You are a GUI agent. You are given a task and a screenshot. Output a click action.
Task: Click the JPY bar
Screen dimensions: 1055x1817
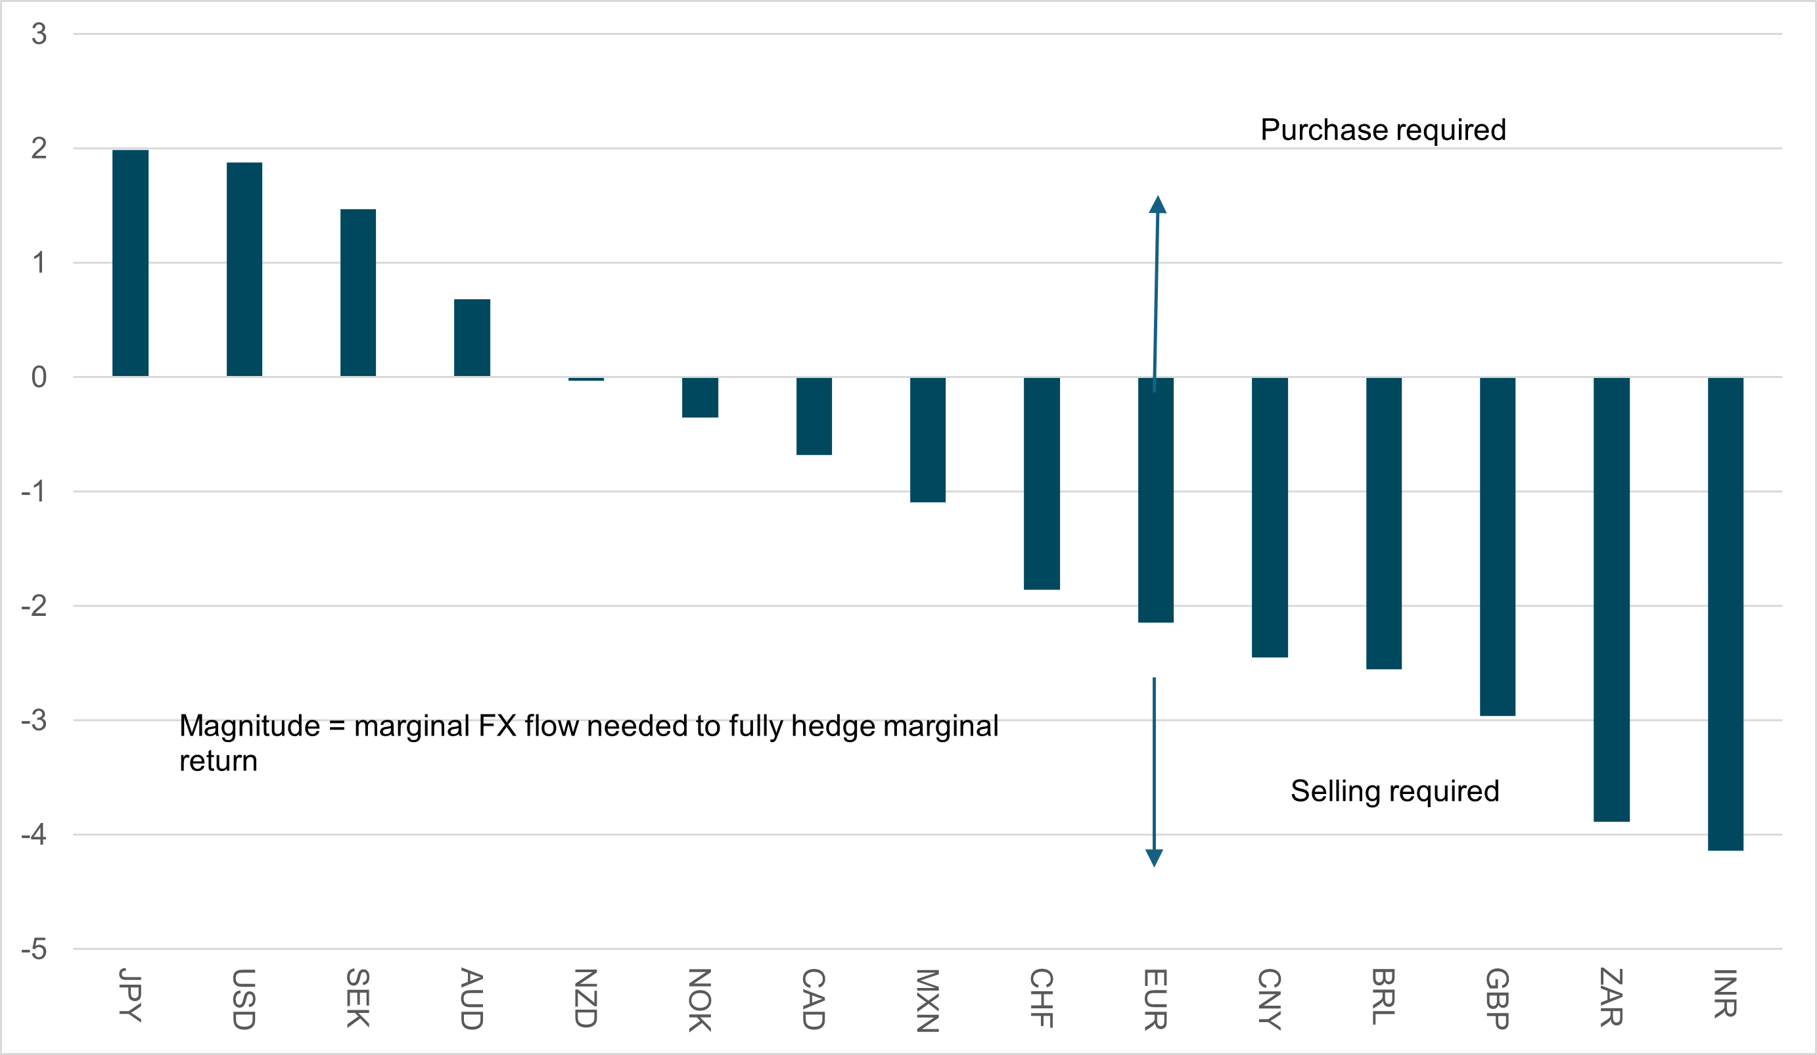coord(131,263)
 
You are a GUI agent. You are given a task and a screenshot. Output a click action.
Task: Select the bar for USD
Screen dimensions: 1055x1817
coord(244,269)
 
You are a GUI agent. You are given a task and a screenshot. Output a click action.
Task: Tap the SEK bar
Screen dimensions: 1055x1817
coord(358,293)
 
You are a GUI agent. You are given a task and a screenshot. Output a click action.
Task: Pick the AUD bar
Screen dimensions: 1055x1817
coord(472,337)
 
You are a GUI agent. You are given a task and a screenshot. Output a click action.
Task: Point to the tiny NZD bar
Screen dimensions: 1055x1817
coord(586,379)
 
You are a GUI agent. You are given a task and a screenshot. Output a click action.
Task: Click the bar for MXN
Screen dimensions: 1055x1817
coord(928,440)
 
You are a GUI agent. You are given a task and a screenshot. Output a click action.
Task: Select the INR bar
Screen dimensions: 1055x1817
coord(1726,614)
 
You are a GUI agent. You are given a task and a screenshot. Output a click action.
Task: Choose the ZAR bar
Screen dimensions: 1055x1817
coord(1611,599)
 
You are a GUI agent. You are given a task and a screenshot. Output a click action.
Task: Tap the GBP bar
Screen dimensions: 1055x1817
coord(1498,547)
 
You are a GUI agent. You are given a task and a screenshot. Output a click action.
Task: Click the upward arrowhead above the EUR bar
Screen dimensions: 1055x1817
coord(1158,205)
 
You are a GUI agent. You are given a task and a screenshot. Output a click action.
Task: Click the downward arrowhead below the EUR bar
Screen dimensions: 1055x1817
coord(1155,857)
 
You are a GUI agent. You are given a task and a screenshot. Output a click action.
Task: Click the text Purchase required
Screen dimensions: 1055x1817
coord(1383,129)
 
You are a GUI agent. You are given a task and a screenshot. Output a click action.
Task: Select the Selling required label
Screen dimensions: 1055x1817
coord(1394,791)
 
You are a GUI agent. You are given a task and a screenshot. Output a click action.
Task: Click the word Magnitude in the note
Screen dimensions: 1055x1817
coord(250,726)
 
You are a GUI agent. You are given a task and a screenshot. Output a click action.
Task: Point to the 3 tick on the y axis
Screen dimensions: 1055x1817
coord(39,34)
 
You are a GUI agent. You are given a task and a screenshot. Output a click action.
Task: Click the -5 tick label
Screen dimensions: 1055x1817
coord(34,950)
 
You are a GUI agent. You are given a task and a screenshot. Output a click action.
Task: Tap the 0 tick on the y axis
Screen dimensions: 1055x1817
coord(39,377)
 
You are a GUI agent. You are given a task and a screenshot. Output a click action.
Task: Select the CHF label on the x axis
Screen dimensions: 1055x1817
coord(1041,998)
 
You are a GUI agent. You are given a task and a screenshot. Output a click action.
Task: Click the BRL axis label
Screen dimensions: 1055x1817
coord(1383,996)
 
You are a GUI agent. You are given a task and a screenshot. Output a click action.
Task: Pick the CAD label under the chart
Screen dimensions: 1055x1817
coord(814,998)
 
